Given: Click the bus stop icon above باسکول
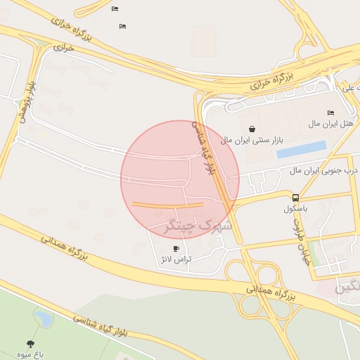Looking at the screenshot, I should pyautogui.click(x=295, y=198).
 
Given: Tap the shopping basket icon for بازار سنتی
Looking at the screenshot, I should pyautogui.click(x=252, y=129).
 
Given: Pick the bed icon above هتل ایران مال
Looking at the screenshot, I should pyautogui.click(x=331, y=113).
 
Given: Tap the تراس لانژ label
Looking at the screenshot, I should pyautogui.click(x=176, y=259).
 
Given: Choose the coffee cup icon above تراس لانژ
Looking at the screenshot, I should pyautogui.click(x=176, y=248).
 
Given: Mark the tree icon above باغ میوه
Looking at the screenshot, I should pyautogui.click(x=31, y=343).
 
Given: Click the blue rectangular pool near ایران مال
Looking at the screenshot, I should pyautogui.click(x=302, y=150).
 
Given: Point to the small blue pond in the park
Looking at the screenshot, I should pyautogui.click(x=44, y=319).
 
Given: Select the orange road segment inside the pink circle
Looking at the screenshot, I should pyautogui.click(x=168, y=205).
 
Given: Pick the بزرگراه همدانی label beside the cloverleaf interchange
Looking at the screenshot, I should pyautogui.click(x=270, y=293).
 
